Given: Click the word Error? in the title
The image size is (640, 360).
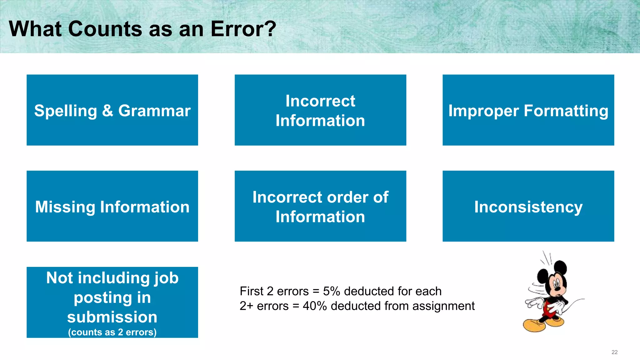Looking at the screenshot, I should (x=243, y=29).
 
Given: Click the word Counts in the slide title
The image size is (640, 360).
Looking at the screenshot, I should (x=105, y=29).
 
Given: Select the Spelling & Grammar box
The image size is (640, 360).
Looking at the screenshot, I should (x=112, y=110).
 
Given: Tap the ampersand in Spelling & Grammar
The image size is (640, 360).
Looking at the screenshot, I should (x=107, y=111).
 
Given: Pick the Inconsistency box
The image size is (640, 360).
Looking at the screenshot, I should (x=528, y=207).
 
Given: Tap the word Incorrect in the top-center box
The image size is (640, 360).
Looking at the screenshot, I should (x=320, y=101).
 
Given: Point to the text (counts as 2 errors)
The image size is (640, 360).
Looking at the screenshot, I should (x=112, y=332).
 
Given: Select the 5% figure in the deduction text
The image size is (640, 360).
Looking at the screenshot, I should (x=331, y=291).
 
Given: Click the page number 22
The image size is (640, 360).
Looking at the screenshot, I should (x=614, y=352).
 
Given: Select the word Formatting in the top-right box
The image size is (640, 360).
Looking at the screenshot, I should (x=566, y=111).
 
